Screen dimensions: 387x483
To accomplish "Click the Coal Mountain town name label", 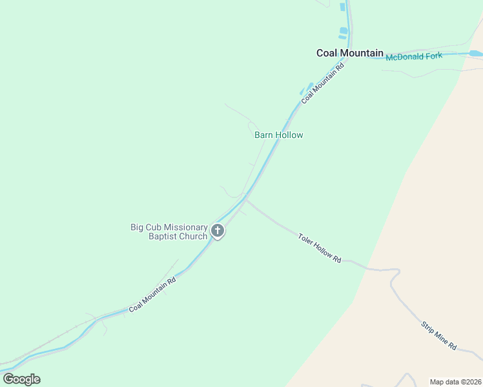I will pos(349,53).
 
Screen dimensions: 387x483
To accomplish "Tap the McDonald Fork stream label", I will pos(414,57).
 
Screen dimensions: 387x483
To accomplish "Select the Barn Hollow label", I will pos(278,135).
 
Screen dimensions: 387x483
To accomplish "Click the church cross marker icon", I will pos(218,231).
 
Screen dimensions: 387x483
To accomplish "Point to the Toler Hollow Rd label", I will pos(319,248).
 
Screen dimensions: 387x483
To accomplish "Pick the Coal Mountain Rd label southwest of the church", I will pos(152,295).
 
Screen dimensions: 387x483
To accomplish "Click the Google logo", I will pos(21,379).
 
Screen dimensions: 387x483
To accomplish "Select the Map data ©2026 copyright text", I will pos(455,382).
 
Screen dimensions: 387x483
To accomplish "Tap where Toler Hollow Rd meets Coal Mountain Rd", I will pos(245,199).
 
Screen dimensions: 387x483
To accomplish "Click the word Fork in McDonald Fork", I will pos(433,56).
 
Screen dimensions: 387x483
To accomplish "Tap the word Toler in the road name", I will pos(305,240).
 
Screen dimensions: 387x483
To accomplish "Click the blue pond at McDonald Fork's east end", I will pos(475,54).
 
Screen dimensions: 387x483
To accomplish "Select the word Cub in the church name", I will pos(153,227).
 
